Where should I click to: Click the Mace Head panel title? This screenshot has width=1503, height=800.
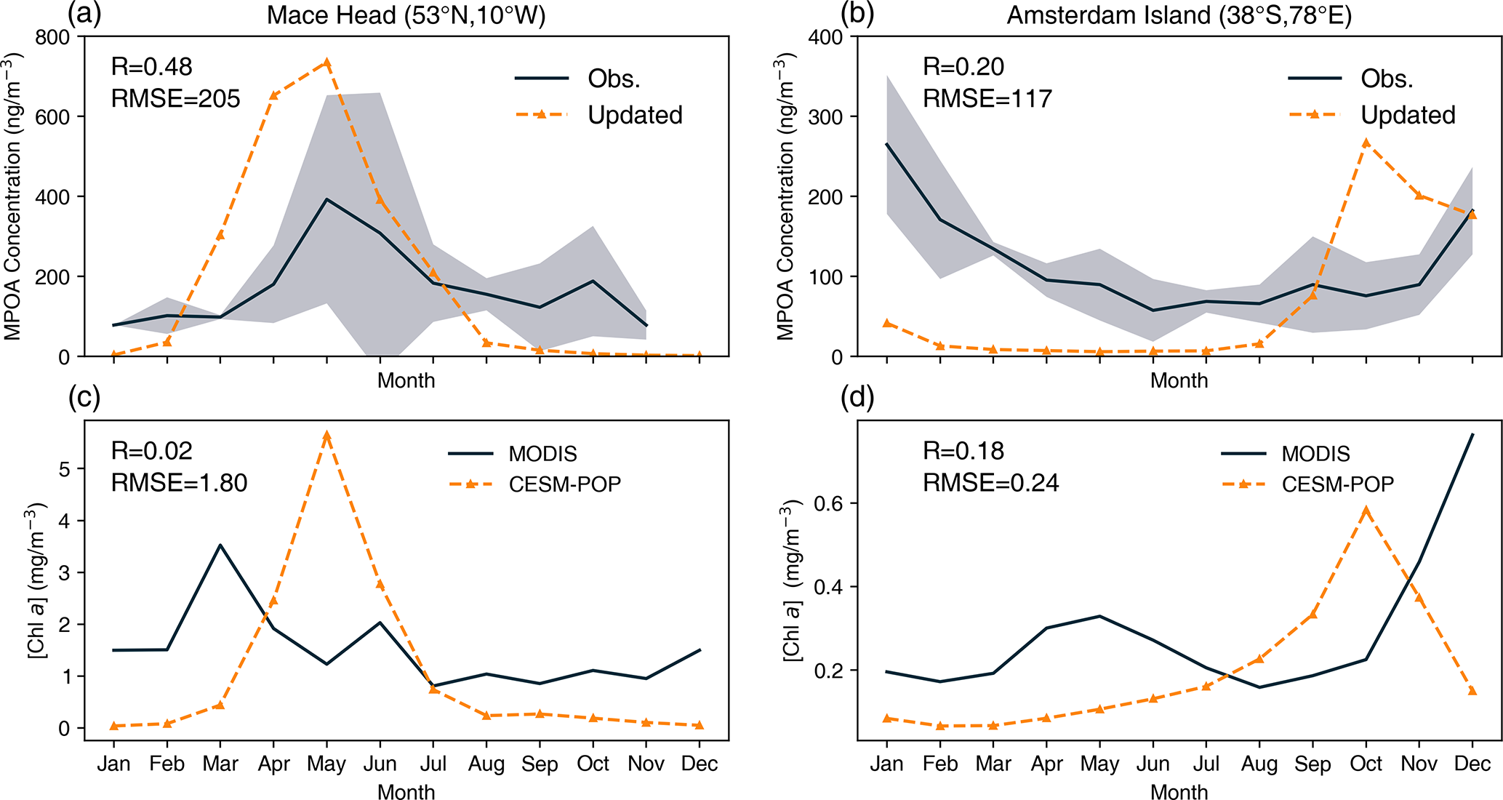[x=406, y=15]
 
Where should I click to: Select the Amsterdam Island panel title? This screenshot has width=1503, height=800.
[x=1179, y=15]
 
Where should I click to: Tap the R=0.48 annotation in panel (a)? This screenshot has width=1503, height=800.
[x=151, y=67]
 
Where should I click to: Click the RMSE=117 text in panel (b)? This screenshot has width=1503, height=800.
[x=987, y=98]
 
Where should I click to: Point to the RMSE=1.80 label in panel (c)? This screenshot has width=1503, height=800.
[x=179, y=482]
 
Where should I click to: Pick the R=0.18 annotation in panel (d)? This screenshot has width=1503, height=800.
[x=963, y=451]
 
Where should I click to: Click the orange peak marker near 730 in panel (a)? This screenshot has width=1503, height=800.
[x=327, y=63]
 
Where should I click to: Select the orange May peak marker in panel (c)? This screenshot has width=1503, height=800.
[x=327, y=435]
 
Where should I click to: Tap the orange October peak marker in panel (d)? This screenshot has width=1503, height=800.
[x=1366, y=511]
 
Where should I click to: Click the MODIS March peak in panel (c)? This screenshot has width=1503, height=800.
[x=220, y=545]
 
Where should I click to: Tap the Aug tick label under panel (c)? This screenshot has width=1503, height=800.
[x=486, y=764]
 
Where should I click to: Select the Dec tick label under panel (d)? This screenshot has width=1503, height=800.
[x=1472, y=764]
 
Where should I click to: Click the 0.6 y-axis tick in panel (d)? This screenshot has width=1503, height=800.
[x=830, y=503]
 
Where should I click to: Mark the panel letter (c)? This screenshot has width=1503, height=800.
[x=84, y=398]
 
